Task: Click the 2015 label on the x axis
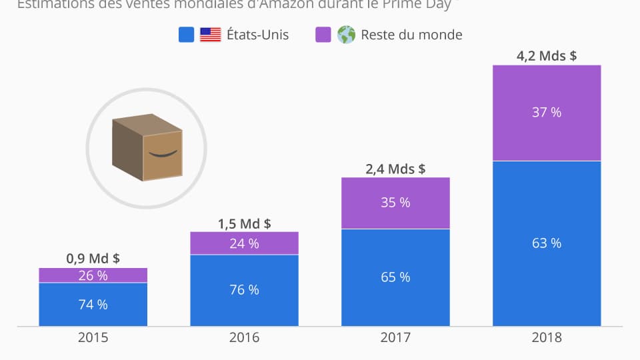[x=93, y=338]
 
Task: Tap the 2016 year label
[x=244, y=338]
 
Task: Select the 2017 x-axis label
[x=395, y=338]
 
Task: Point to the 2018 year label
[x=547, y=338]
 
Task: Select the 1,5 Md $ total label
[x=244, y=223]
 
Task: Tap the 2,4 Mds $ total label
[x=395, y=169]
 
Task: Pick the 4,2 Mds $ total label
[x=547, y=56]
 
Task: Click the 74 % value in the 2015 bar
[x=93, y=305]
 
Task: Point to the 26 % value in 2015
[x=93, y=275]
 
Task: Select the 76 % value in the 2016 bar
[x=244, y=290]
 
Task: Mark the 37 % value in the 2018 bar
[x=547, y=112]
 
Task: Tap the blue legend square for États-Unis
[x=187, y=35]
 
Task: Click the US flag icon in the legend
[x=211, y=35]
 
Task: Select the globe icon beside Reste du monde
[x=346, y=35]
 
